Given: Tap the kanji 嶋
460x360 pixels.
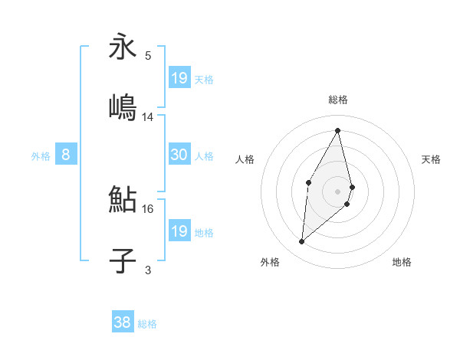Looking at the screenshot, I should pyautogui.click(x=123, y=107).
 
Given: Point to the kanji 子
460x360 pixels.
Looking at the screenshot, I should pyautogui.click(x=123, y=260).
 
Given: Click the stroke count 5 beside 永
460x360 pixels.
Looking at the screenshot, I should pyautogui.click(x=148, y=55).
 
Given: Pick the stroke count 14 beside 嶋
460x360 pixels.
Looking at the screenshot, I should pyautogui.click(x=148, y=117).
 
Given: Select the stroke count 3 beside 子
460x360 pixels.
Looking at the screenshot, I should pyautogui.click(x=148, y=270).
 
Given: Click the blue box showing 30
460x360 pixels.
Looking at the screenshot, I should pyautogui.click(x=179, y=155).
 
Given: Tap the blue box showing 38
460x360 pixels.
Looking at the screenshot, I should pyautogui.click(x=123, y=323).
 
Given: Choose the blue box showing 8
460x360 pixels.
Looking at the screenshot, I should pyautogui.click(x=66, y=155).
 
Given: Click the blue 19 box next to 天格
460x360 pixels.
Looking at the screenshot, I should pyautogui.click(x=179, y=78).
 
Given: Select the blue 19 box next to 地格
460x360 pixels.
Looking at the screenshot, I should pyautogui.click(x=179, y=231).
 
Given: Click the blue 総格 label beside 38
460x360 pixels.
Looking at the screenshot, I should pyautogui.click(x=147, y=324).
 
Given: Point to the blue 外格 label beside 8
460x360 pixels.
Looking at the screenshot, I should pyautogui.click(x=41, y=155).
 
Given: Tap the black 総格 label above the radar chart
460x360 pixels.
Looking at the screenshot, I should pyautogui.click(x=338, y=100).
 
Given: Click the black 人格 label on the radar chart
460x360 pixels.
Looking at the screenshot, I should pyautogui.click(x=245, y=159).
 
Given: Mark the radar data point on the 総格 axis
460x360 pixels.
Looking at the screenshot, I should pyautogui.click(x=338, y=129).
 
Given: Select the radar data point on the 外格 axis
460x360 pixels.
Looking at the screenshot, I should pyautogui.click(x=302, y=242).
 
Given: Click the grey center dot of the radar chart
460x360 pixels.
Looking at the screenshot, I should pyautogui.click(x=338, y=190).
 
